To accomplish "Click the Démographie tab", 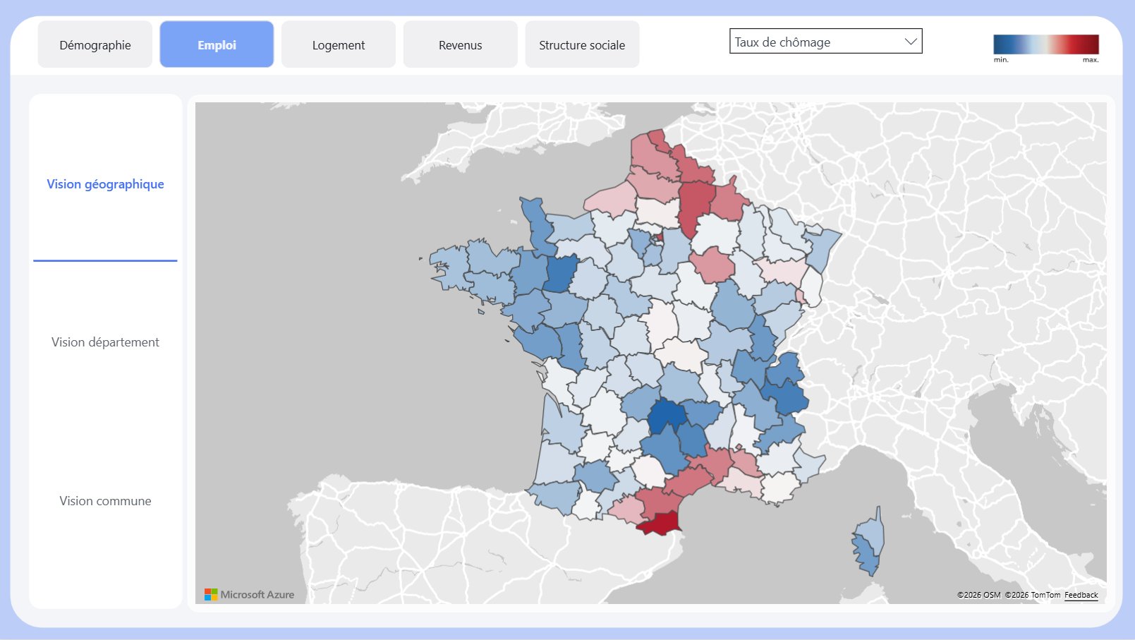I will point(95,44).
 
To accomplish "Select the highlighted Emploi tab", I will point(217,44).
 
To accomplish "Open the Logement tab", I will point(339,44).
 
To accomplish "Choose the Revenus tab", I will point(460,44).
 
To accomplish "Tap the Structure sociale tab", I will point(582,44).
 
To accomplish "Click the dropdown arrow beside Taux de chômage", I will point(910,42).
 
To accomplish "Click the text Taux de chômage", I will point(782,42).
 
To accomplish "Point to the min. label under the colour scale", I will point(1001,60).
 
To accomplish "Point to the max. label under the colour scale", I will point(1091,60).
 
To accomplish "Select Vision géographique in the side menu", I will point(105,184).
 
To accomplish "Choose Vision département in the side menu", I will point(105,342).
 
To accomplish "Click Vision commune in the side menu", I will point(105,501).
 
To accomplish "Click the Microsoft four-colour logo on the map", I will point(211,595).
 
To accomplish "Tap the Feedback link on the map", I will point(1081,595).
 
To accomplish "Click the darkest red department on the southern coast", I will point(660,524).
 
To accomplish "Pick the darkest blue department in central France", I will point(665,415).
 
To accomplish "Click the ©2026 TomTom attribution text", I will point(1033,595).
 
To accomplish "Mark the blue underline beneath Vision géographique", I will point(105,260).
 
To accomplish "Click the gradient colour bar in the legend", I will point(1046,44).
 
